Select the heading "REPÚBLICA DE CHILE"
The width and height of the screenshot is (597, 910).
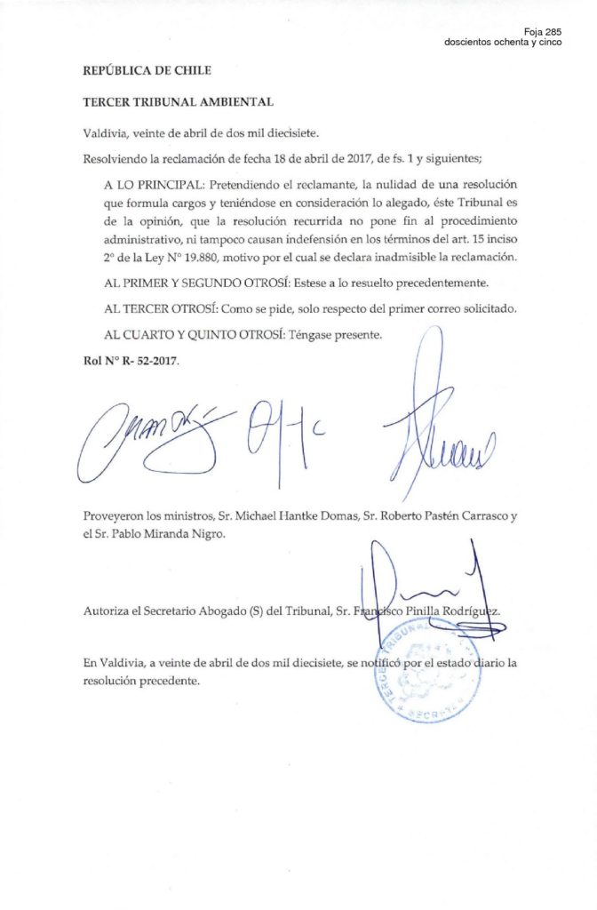pyautogui.click(x=147, y=70)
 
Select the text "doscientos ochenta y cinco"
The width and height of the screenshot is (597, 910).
pyautogui.click(x=503, y=44)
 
